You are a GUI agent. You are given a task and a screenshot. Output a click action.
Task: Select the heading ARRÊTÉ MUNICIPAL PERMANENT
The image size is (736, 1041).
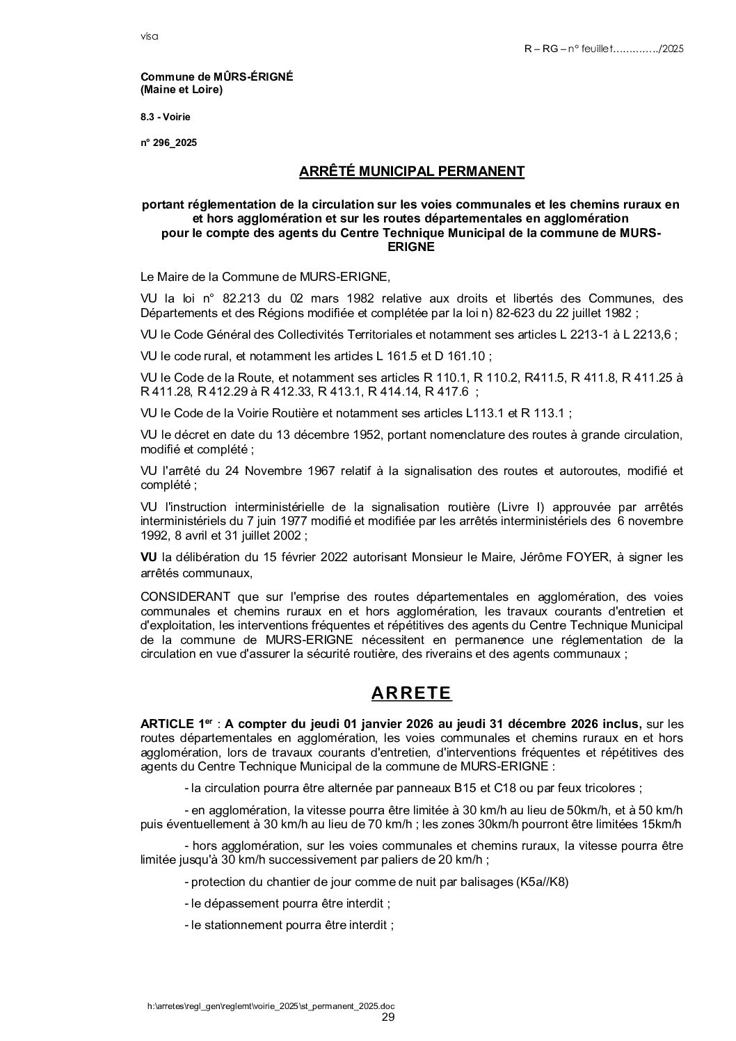(x=411, y=171)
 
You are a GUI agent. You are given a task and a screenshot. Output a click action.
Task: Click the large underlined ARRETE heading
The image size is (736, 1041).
(x=411, y=693)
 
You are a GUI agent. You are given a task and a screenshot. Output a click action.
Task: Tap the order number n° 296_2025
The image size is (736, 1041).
(x=169, y=143)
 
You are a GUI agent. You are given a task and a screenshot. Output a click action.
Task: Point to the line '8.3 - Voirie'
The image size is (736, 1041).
(x=165, y=117)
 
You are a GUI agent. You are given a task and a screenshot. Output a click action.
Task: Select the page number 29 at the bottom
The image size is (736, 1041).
(x=389, y=1017)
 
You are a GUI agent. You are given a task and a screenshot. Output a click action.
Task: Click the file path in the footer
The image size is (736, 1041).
(x=275, y=1006)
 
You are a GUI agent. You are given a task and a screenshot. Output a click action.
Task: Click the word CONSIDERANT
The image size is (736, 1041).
(x=186, y=597)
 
